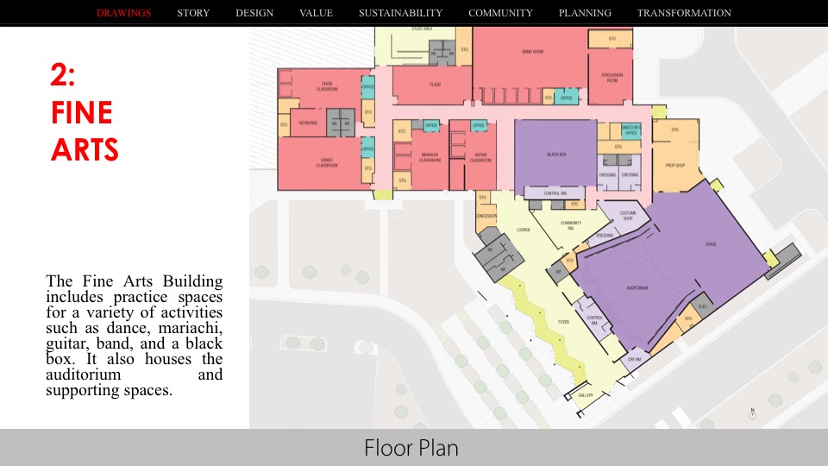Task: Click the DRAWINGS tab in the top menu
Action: (x=123, y=13)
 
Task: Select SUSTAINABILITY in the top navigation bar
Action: (x=400, y=13)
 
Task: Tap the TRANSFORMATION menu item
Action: (x=684, y=13)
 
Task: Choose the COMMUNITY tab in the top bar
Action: (x=500, y=13)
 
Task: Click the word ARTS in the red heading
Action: (x=85, y=150)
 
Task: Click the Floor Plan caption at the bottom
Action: (x=411, y=448)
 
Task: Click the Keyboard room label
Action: (x=308, y=123)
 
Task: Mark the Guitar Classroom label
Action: (x=480, y=158)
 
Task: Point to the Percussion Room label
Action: (x=611, y=78)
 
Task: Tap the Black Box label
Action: (x=556, y=155)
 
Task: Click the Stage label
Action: (x=710, y=244)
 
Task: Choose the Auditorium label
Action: (x=637, y=287)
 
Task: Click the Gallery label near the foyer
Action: (x=586, y=395)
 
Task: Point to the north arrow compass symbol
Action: (x=752, y=414)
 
